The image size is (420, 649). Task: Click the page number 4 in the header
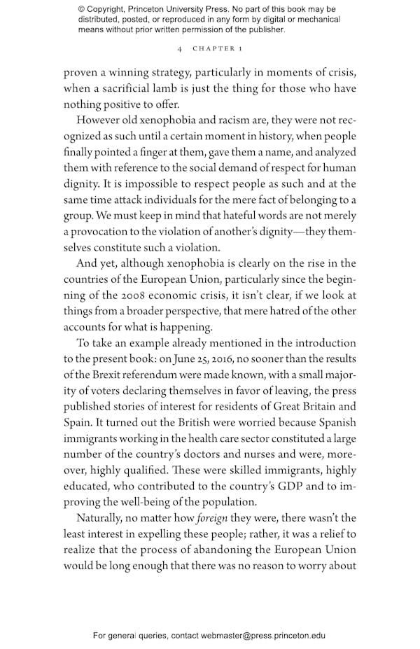pos(181,49)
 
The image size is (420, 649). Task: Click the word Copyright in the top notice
pos(111,9)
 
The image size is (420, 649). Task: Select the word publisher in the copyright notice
pos(262,30)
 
